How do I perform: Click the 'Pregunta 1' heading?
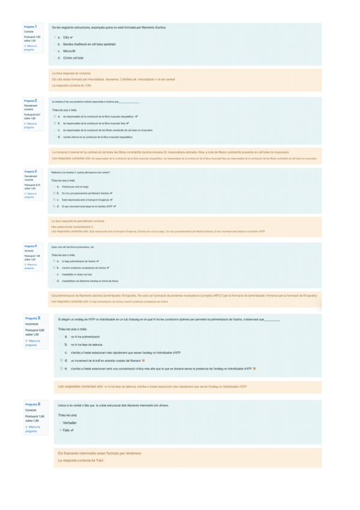[31, 27]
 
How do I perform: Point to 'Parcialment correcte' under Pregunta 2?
[29, 107]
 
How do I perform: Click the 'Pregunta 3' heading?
[31, 171]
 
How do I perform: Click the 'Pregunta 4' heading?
[31, 246]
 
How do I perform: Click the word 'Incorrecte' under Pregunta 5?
[32, 324]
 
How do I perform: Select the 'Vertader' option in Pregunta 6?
[70, 423]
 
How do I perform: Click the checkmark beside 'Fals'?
[72, 430]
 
